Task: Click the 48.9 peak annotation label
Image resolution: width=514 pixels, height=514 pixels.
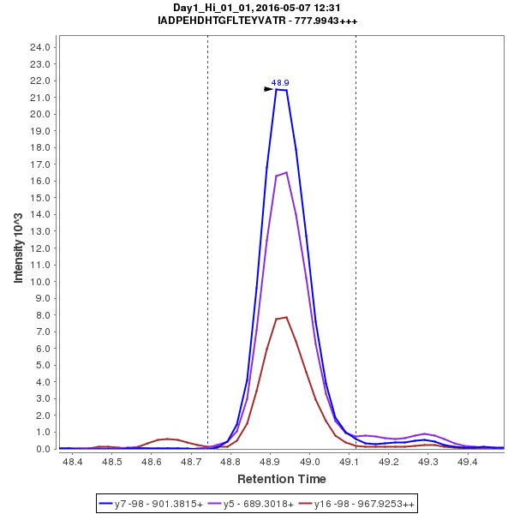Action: click(280, 83)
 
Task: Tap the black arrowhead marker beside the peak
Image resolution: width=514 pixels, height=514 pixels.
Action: click(269, 88)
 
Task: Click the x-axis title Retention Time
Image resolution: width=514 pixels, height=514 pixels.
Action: click(281, 478)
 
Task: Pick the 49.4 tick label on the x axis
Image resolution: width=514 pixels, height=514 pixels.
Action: click(468, 463)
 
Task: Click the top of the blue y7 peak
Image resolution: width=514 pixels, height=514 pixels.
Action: click(281, 89)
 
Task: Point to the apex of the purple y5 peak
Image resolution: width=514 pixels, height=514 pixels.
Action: click(286, 172)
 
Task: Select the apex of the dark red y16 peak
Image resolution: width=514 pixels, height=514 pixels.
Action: click(286, 317)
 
